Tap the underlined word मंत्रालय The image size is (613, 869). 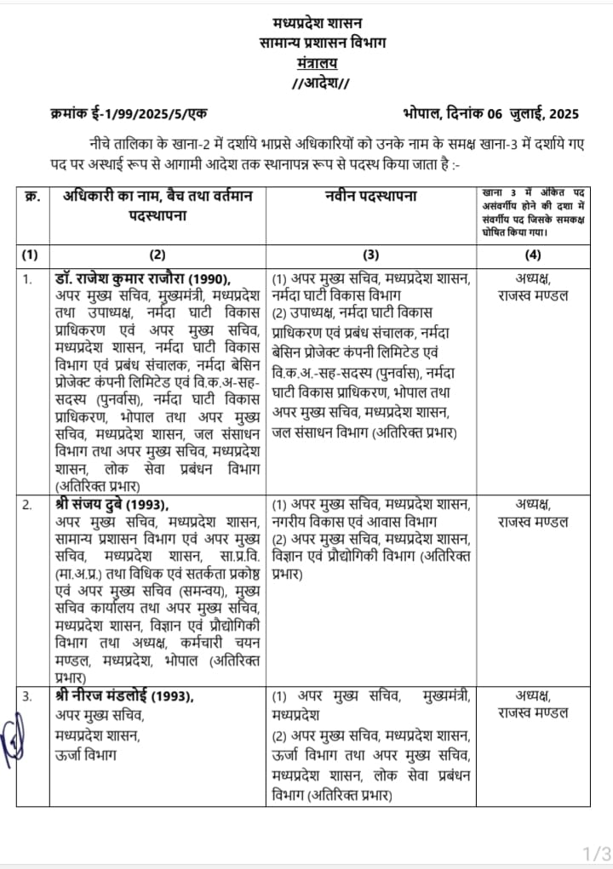click(x=318, y=62)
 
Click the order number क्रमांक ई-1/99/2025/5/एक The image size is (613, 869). click(x=129, y=114)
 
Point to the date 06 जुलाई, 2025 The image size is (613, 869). click(x=524, y=114)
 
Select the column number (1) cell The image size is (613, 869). click(x=29, y=254)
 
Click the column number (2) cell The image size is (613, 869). click(x=157, y=254)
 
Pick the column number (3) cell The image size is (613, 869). click(x=371, y=254)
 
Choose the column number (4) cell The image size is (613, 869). click(x=532, y=254)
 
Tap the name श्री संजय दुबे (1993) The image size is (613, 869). click(x=114, y=503)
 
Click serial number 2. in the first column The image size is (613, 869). click(x=27, y=503)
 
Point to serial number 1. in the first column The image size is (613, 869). click(x=27, y=278)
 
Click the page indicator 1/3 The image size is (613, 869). click(x=596, y=852)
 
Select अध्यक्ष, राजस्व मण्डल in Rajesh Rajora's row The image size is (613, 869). click(x=532, y=287)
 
